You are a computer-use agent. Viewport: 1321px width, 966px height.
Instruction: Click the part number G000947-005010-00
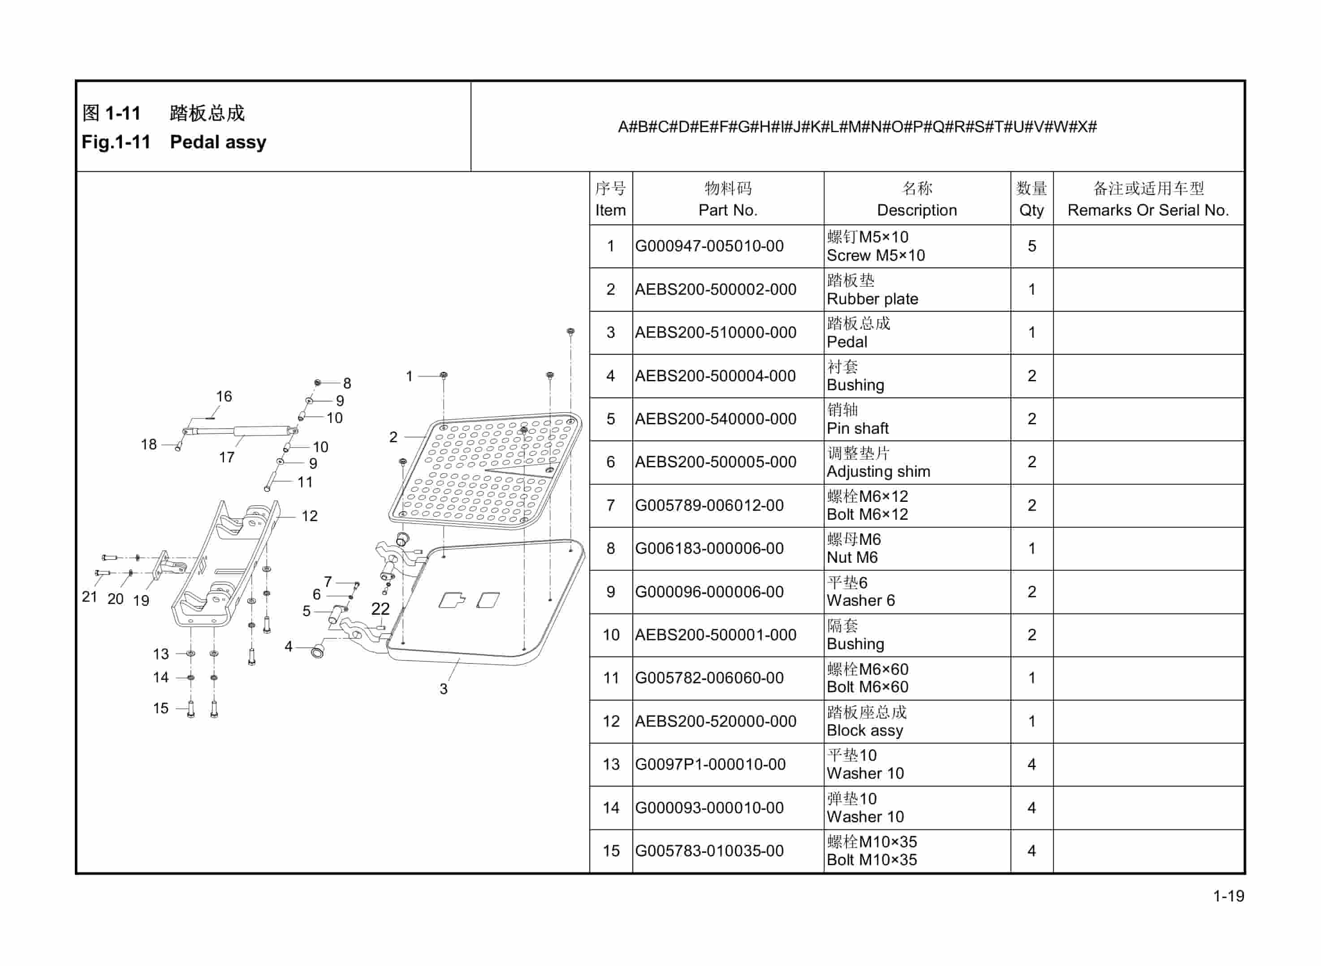(x=709, y=246)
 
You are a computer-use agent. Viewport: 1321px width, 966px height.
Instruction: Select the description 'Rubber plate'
(x=872, y=299)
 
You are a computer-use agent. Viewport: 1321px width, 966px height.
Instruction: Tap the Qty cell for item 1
(x=1032, y=246)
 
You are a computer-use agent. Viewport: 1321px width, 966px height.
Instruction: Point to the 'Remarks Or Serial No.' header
(x=1148, y=210)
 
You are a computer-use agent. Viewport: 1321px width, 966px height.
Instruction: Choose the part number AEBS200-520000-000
(x=715, y=721)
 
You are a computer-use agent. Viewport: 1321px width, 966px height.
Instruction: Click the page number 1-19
(x=1229, y=896)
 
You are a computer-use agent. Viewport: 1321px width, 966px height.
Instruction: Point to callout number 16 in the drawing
(x=224, y=397)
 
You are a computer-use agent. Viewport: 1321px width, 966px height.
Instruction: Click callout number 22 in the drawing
(x=380, y=609)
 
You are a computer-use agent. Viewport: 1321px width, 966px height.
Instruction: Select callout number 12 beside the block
(x=309, y=516)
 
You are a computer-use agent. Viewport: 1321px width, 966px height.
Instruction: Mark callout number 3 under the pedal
(x=443, y=689)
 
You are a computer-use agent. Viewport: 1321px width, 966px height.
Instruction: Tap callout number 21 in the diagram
(x=89, y=596)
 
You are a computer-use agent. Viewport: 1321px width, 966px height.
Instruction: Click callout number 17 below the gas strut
(x=226, y=457)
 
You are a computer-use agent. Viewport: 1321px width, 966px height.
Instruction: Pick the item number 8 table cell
(x=610, y=548)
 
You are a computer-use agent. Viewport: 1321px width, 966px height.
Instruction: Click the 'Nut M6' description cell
(x=852, y=557)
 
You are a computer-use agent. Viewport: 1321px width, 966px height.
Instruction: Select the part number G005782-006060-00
(x=709, y=678)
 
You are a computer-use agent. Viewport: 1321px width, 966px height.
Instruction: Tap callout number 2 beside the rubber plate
(x=393, y=437)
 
